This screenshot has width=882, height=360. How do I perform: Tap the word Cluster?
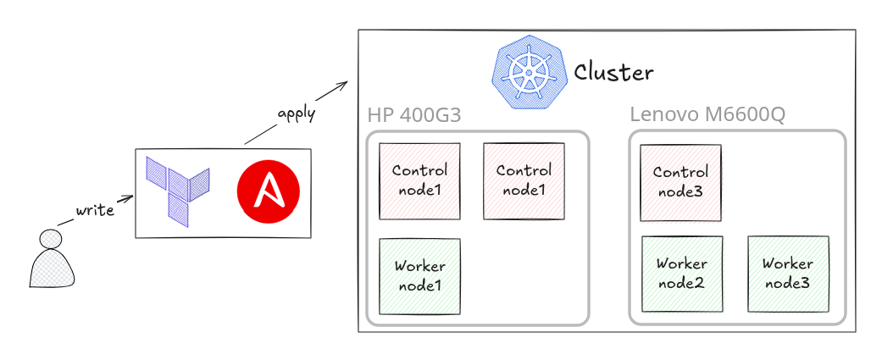(x=613, y=73)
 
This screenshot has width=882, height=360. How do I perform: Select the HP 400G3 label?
(x=414, y=114)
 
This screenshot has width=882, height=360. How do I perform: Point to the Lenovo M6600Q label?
(x=707, y=114)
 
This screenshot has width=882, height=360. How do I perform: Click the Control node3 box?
(x=680, y=183)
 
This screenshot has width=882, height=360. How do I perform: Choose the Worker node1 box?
(x=419, y=277)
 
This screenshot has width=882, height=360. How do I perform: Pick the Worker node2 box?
(x=682, y=274)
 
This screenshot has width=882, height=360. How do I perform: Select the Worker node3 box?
(x=788, y=274)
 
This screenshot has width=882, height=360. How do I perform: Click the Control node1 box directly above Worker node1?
(x=419, y=181)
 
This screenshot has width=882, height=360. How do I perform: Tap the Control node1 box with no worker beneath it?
(x=524, y=181)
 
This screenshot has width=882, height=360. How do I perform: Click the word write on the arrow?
(x=95, y=209)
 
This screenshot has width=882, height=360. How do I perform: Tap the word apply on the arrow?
(x=297, y=113)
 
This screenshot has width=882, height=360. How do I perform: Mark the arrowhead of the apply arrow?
(x=344, y=84)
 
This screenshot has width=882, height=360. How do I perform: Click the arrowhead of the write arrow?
(x=130, y=199)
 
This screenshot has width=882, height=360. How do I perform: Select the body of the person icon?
(x=53, y=269)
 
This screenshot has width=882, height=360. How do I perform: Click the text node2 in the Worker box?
(x=682, y=283)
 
